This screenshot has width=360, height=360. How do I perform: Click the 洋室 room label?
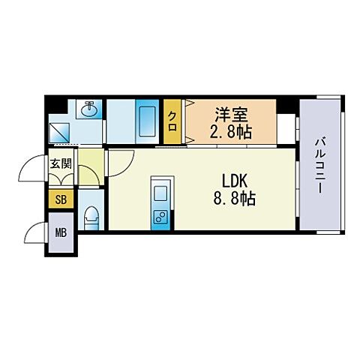pos(231,115)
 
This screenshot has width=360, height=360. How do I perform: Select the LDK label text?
pos(235,181)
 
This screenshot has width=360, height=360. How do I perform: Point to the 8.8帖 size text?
pos(234,199)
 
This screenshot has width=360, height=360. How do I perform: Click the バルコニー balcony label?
pos(320,166)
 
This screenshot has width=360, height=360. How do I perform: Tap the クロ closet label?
pos(172,121)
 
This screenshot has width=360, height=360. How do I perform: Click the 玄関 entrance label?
pos(61,163)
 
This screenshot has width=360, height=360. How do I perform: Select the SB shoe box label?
pos(61,199)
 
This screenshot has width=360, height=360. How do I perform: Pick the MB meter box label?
pos(61,232)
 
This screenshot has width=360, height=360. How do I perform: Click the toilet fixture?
pos(91,218)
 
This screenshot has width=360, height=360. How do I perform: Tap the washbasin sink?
pos(89,109)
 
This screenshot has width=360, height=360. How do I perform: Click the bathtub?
pos(147,121)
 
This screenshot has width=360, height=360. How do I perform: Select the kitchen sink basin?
pos(160,193)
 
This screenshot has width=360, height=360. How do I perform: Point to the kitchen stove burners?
pos(160,217)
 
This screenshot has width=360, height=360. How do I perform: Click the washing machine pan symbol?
pos(59,132)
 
